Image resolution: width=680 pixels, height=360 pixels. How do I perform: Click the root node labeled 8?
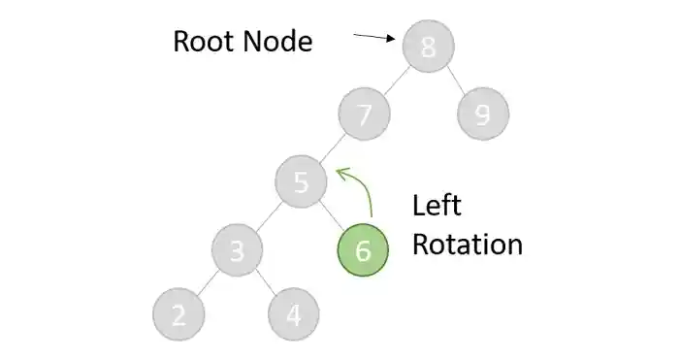coord(428,46)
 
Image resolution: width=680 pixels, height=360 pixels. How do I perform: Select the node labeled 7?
coord(364,115)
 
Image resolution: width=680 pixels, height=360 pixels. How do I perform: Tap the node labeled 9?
coord(483,115)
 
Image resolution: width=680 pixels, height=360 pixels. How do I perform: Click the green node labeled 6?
coord(362,250)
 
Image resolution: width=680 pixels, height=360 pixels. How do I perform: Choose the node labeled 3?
coord(238,250)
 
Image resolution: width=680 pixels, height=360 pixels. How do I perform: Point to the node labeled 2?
coord(178,316)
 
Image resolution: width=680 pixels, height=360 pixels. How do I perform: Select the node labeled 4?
coord(294,316)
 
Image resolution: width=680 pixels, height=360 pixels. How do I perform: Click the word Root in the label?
coord(207,42)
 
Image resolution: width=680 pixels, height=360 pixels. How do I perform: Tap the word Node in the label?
coord(279,42)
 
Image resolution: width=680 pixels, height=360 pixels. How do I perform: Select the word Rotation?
coord(467,243)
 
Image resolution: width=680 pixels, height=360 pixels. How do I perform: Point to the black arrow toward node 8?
coord(374,38)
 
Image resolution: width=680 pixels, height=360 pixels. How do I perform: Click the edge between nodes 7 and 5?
coord(332,148)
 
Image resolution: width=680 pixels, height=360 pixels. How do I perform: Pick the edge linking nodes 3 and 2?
coord(208,283)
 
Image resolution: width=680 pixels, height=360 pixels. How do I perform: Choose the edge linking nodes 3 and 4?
coord(266,283)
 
